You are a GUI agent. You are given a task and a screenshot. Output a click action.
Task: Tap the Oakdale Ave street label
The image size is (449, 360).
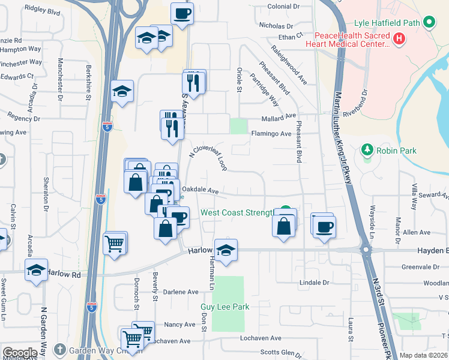click(x=199, y=190)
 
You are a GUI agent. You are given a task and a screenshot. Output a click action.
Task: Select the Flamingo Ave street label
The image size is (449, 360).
click(x=271, y=133)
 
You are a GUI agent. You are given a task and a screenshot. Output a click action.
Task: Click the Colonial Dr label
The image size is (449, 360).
click(x=283, y=6)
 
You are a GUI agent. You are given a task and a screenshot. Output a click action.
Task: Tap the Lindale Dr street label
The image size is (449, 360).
click(x=315, y=282)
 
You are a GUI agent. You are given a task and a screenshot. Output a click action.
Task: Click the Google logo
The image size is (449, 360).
click(x=20, y=353)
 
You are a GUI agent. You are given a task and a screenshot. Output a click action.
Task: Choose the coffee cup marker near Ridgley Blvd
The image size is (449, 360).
click(x=182, y=13)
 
